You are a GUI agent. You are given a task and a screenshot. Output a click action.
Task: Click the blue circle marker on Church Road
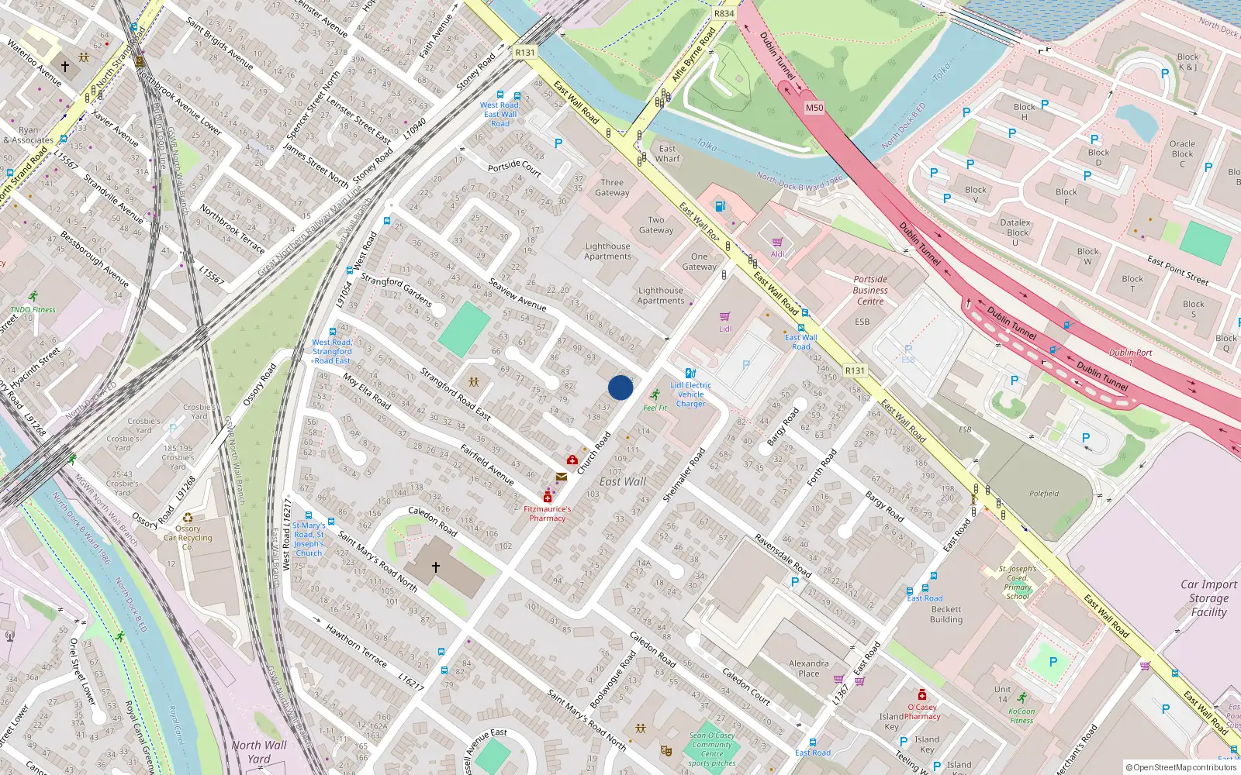620,387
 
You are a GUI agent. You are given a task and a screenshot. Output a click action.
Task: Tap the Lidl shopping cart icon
724,317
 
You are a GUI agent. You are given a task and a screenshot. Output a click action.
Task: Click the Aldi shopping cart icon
777,243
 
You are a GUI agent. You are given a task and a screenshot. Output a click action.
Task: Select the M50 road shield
814,108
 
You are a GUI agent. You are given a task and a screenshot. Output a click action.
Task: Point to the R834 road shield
724,14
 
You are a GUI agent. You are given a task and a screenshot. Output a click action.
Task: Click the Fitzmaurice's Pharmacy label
547,514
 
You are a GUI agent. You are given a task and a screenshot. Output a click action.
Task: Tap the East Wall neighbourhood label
622,482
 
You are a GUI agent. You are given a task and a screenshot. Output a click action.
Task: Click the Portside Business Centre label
870,290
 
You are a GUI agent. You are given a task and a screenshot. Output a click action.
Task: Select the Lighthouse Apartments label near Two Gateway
607,251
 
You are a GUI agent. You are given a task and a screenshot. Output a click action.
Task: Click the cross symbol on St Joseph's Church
436,567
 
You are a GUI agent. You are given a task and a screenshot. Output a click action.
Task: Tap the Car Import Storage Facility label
1208,598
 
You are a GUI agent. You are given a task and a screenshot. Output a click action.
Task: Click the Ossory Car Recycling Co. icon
188,518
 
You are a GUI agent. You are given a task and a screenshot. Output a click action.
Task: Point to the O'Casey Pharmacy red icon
921,695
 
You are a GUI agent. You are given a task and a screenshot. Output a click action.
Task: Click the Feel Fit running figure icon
655,395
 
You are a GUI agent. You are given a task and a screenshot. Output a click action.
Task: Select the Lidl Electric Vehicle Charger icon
690,374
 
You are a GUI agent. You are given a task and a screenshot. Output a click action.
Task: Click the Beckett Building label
946,615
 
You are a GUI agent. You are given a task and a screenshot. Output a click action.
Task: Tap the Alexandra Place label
808,668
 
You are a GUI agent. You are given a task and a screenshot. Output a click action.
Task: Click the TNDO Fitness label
33,309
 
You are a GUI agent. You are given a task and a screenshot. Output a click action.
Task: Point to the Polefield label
1044,494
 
